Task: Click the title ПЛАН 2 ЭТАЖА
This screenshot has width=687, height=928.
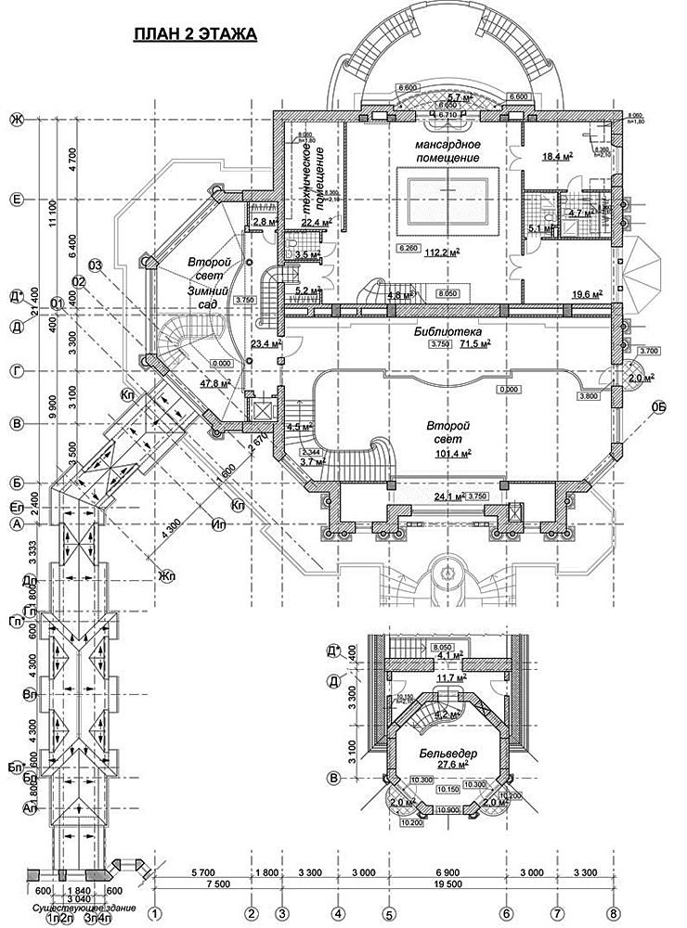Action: [194, 35]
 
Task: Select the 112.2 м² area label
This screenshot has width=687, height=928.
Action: [444, 251]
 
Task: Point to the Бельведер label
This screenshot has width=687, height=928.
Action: [447, 754]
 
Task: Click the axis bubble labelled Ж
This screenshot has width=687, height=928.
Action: [15, 119]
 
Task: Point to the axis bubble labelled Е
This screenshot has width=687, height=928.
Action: [15, 198]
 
